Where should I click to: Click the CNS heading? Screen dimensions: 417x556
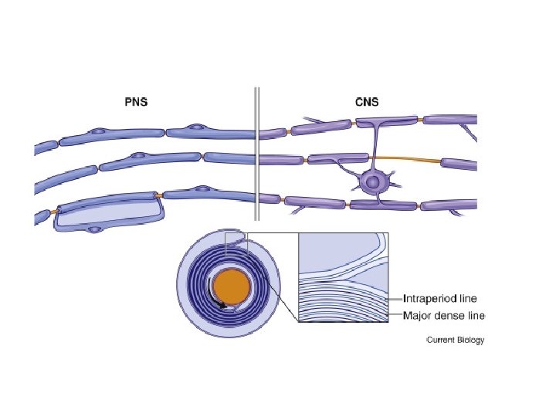(x=360, y=100)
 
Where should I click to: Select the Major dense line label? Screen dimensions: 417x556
(x=445, y=315)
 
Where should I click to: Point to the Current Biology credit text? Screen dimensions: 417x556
(x=456, y=341)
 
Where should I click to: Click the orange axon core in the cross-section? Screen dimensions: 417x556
(x=232, y=287)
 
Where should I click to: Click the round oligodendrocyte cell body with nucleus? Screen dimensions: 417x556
(x=374, y=183)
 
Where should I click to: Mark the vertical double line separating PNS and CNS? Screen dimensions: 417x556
(x=257, y=154)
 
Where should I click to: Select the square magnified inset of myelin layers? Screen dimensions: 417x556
(x=342, y=278)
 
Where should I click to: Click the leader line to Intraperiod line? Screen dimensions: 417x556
(x=394, y=298)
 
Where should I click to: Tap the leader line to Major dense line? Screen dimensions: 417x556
(x=394, y=315)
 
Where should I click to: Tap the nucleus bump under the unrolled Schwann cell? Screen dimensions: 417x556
(x=94, y=229)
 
